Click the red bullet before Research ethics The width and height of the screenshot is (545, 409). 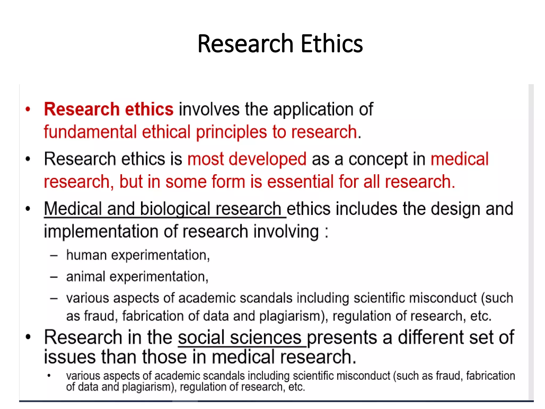pos(28,109)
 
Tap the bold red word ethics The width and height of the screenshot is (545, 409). pos(149,109)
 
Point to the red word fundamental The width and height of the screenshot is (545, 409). pos(90,132)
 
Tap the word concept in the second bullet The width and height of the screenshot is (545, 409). pos(378,159)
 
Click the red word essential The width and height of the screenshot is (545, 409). pos(300,182)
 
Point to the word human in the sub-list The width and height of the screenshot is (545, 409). pos(86,255)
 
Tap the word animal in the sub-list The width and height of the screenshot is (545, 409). pos(86,277)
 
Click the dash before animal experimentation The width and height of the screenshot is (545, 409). pos(54,277)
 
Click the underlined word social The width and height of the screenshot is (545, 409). pos(201,338)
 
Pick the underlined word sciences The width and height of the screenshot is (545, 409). pos(266,338)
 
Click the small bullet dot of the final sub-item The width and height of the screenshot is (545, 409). pos(49,376)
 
